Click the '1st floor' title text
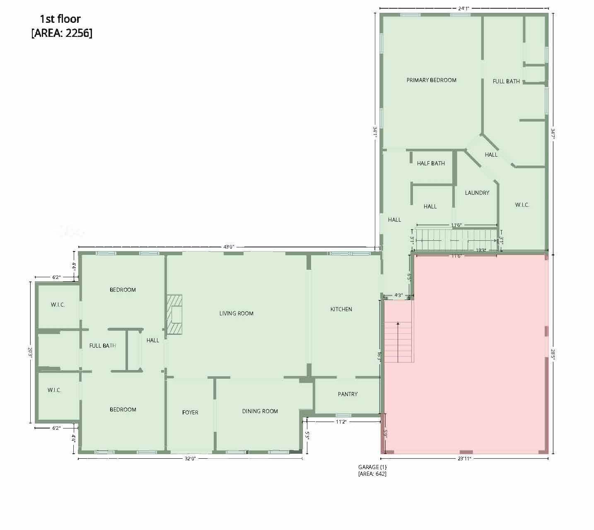click(x=60, y=19)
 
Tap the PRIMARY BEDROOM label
click(x=431, y=80)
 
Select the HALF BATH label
click(x=431, y=163)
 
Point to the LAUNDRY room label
click(x=477, y=193)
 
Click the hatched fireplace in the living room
click(x=174, y=315)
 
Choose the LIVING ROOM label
click(x=236, y=313)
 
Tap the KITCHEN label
click(x=341, y=309)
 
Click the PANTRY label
click(x=348, y=394)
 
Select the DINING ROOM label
click(x=260, y=411)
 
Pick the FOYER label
click(x=190, y=412)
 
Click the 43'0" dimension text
click(x=229, y=247)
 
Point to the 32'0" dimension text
click(x=190, y=458)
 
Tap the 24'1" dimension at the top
click(x=464, y=9)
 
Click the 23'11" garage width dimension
click(x=464, y=458)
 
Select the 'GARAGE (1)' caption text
click(x=372, y=467)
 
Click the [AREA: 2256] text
click(x=62, y=33)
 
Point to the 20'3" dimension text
click(x=30, y=353)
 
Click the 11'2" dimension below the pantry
click(x=341, y=422)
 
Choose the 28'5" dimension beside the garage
click(x=553, y=354)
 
